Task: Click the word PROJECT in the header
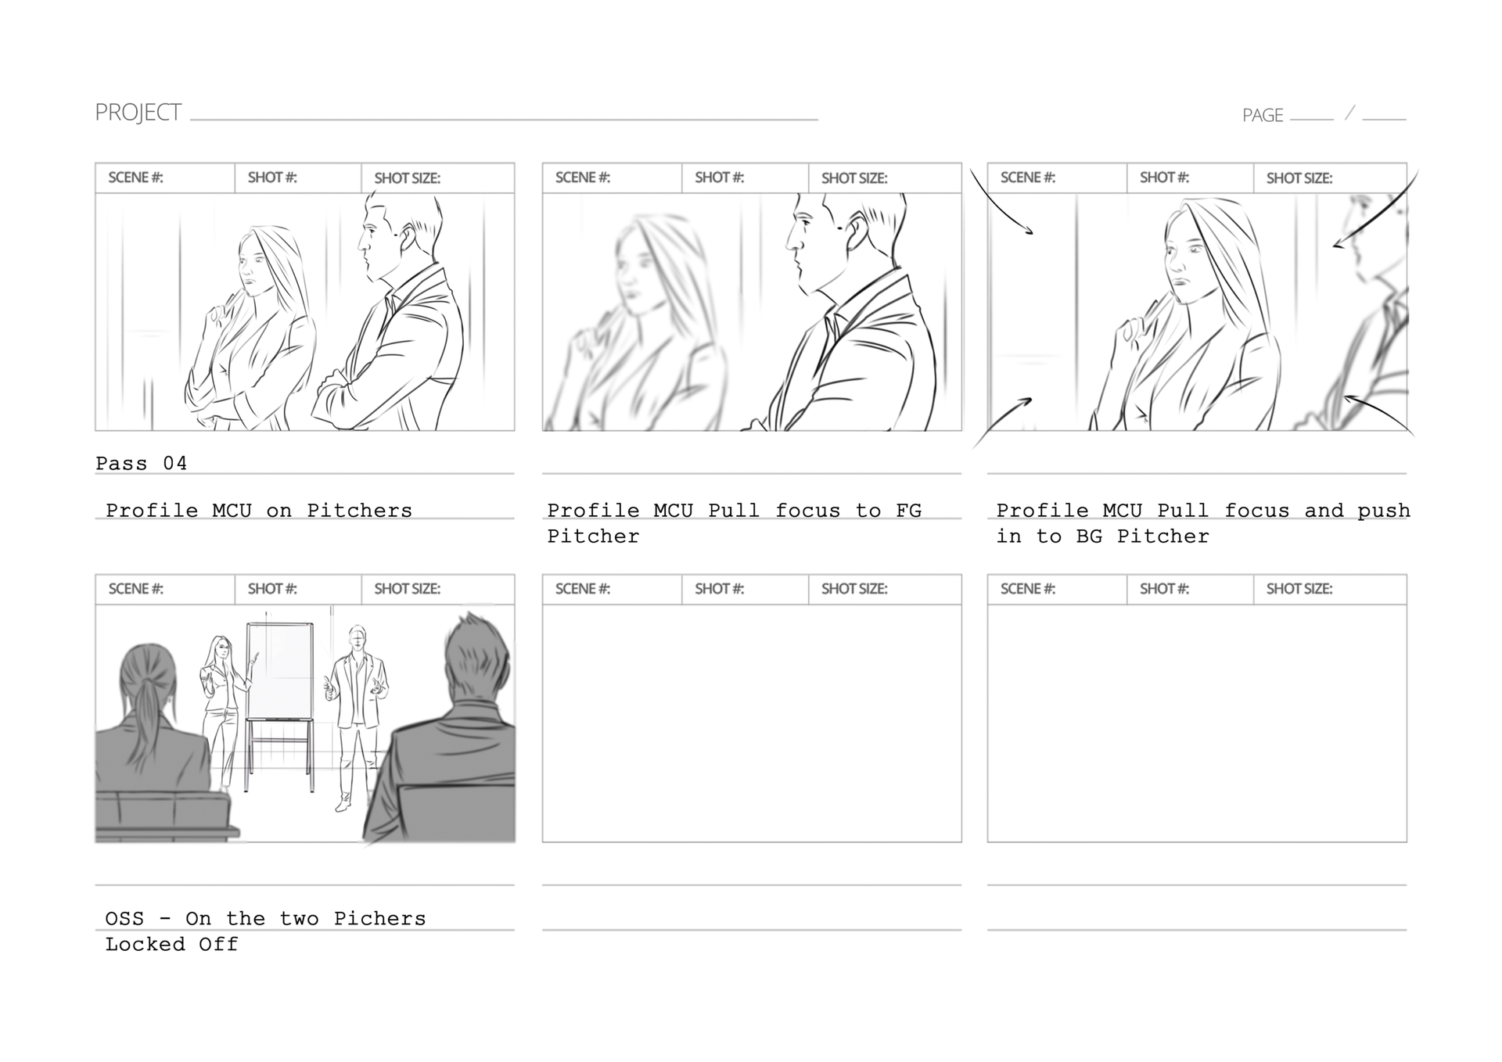pos(138,113)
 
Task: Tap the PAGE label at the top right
pos(1263,116)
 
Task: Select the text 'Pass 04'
pos(142,463)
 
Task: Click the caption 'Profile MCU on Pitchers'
pos(259,511)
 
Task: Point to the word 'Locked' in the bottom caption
pos(146,944)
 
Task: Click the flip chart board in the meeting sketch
pos(280,670)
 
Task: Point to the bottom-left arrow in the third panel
pos(1001,422)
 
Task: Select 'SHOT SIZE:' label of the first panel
pos(407,178)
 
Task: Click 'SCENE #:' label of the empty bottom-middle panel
pos(583,589)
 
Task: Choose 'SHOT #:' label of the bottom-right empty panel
pos(1164,589)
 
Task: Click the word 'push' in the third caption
pos(1384,511)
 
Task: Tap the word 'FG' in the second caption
pos(908,511)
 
